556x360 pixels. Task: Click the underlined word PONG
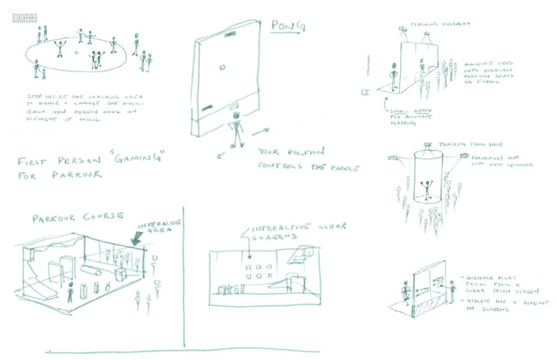tap(288, 26)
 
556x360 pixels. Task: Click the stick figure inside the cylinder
tap(428, 190)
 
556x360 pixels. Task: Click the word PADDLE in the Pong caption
tap(342, 167)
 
